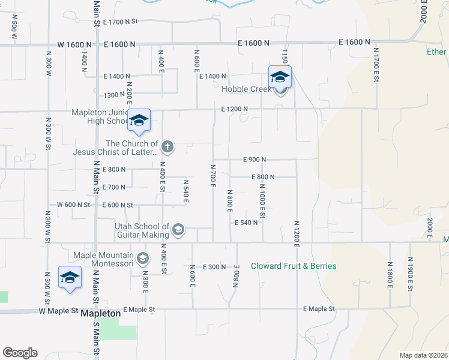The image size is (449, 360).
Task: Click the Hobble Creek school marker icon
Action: point(280,78)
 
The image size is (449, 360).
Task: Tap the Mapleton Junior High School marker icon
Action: point(139,121)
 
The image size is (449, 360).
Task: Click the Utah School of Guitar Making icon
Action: point(178,230)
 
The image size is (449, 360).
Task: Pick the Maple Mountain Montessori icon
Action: point(142,259)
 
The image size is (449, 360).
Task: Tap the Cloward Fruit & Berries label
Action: point(294,266)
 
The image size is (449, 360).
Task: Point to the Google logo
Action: point(20,353)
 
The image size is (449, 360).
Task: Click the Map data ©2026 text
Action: point(424,355)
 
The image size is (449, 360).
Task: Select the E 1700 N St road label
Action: point(121,22)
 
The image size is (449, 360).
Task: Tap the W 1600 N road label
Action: point(75,44)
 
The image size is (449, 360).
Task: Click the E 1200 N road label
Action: point(234,109)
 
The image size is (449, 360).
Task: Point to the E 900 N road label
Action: point(255,160)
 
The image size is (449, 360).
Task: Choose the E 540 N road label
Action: point(246,222)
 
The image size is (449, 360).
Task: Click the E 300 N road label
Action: point(214,266)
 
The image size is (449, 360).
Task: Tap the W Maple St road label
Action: point(59,311)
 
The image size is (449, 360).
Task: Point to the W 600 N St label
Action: point(73,205)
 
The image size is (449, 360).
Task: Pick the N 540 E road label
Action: point(185,190)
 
